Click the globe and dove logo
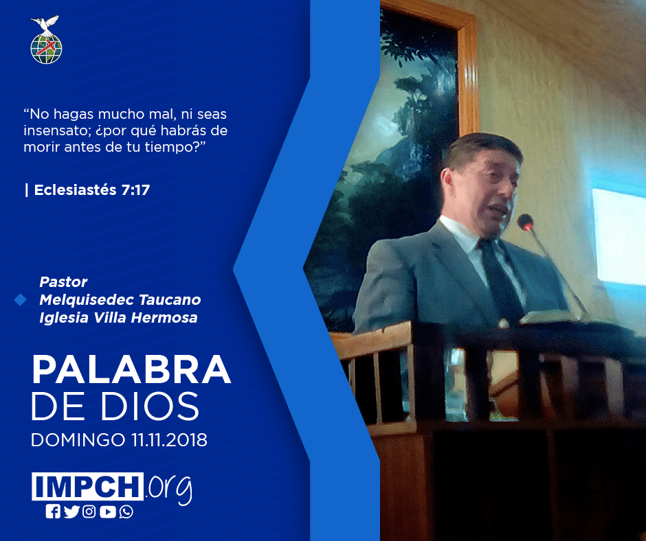(46, 40)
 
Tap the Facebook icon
(53, 511)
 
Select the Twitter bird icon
(71, 511)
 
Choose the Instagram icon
(89, 511)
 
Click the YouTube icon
(107, 511)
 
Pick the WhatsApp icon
(126, 511)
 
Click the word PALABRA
(131, 369)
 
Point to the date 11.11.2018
(169, 439)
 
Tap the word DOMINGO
(78, 439)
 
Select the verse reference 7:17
(135, 189)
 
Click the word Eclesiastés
(75, 189)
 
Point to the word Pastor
(63, 282)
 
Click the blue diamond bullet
(20, 300)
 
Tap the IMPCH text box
(87, 486)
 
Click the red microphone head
(525, 222)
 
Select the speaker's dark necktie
(500, 281)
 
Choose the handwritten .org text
(168, 490)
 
